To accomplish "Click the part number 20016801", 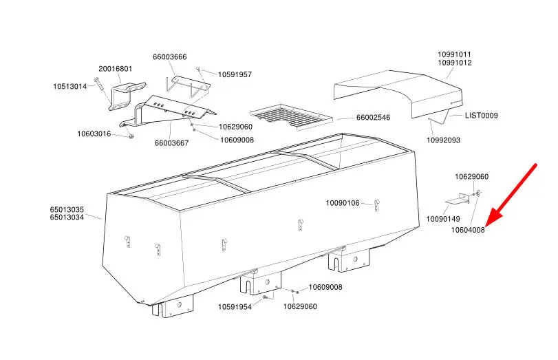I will point(115,69).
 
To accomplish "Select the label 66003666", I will point(169,57).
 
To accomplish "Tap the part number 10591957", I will point(235,74).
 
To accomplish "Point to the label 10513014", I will point(69,87).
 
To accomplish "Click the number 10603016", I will point(94,134).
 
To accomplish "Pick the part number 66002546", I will point(373,118).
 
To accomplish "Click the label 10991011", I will point(455,54).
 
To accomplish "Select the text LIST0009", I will point(482,116).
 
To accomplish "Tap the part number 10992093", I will point(443,140).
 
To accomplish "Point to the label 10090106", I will point(343,203).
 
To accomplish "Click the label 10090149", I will point(443,219).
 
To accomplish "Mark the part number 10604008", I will point(468,230).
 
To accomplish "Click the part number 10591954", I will point(235,306).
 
